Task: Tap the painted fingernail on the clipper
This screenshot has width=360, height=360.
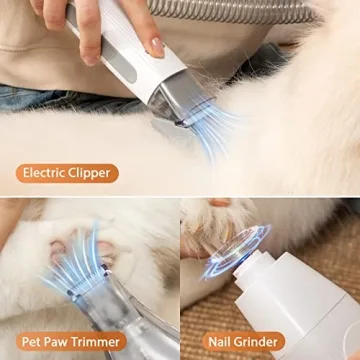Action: tap(156, 46)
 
